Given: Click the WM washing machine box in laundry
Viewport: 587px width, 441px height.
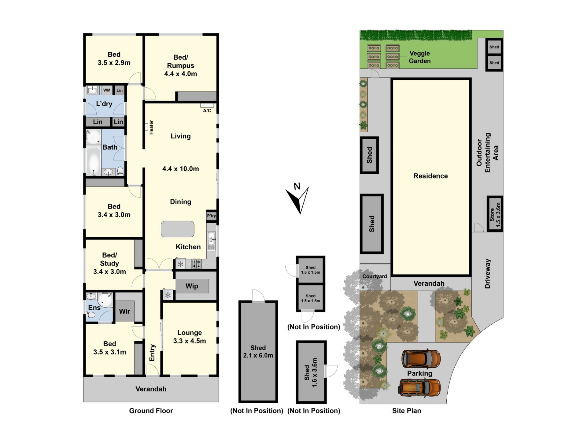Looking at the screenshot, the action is tap(107, 90).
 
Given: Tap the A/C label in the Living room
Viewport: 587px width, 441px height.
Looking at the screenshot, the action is tap(207, 111).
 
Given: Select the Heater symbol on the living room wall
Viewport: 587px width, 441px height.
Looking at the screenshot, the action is tap(146, 126).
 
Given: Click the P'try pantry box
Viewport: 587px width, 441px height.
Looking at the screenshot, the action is tap(211, 216).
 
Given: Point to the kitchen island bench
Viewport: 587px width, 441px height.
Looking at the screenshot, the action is tap(178, 229).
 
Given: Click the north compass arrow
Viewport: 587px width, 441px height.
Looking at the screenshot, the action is tap(297, 200).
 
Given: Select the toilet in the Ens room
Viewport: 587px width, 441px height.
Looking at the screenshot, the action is tap(91, 315).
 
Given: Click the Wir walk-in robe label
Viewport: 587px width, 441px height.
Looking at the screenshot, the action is tap(124, 311).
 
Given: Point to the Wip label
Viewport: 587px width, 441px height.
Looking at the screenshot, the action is tap(192, 286).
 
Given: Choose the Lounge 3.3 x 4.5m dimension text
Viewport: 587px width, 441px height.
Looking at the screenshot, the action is tap(190, 341).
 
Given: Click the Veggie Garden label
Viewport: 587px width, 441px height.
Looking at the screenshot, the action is tap(420, 57).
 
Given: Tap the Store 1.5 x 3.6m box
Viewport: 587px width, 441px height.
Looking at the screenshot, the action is tap(495, 214).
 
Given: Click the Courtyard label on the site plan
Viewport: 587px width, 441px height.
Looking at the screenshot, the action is tap(375, 276).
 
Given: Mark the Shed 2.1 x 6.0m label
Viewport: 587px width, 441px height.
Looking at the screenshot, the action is tap(258, 352).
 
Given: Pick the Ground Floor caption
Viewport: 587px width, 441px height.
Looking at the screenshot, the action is tap(151, 411).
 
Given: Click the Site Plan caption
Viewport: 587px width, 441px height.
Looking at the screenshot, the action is tap(407, 411).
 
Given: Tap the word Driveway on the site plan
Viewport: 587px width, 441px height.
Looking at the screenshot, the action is tap(488, 273).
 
